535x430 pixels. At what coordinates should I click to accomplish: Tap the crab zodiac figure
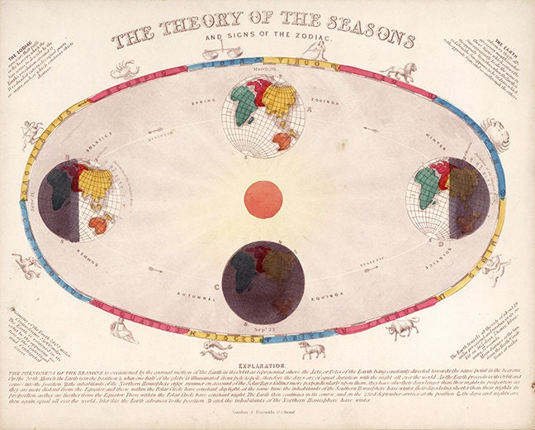pyautogui.click(x=495, y=132)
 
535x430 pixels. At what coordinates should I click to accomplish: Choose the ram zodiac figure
pyautogui.click(x=310, y=349)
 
